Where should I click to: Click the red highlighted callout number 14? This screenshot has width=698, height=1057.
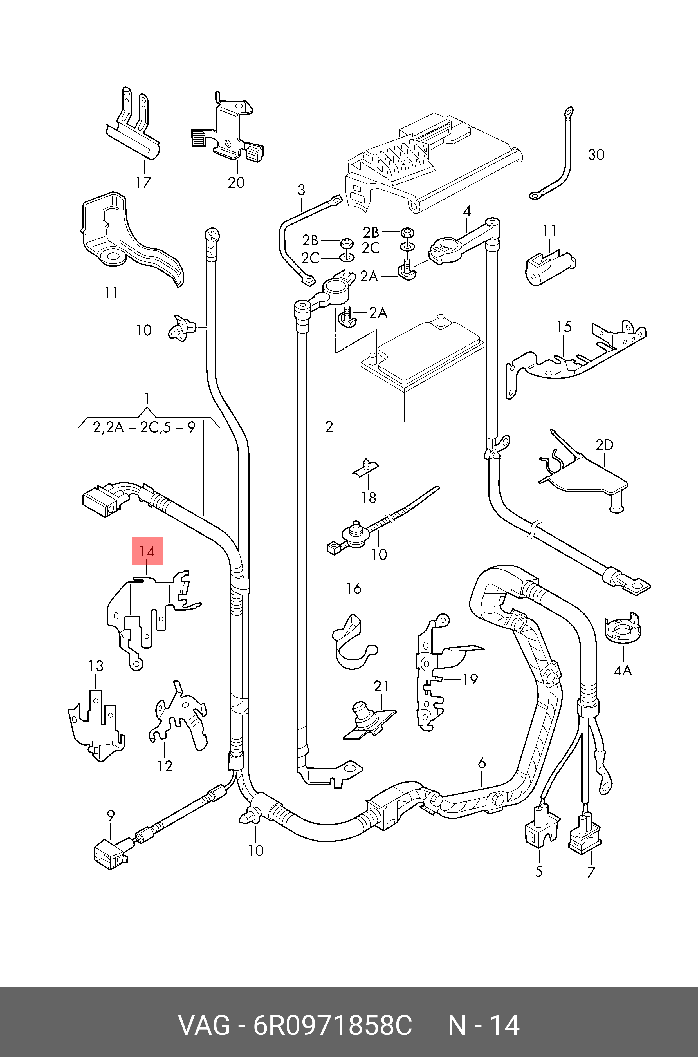[147, 551]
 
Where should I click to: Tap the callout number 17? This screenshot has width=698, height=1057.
[143, 182]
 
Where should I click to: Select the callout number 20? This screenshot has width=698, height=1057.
[236, 182]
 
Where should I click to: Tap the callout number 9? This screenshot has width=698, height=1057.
[111, 816]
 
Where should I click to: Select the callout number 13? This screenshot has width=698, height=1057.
[96, 666]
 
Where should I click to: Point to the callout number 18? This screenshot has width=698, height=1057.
[369, 497]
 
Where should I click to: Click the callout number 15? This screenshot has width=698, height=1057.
[564, 327]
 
